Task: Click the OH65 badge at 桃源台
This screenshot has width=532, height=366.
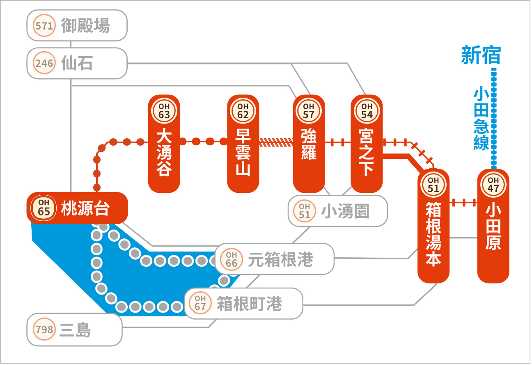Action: (x=44, y=207)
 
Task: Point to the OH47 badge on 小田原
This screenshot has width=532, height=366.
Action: (x=493, y=184)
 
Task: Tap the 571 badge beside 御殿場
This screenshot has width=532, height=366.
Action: (x=44, y=26)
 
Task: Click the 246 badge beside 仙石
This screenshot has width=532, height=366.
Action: (x=44, y=64)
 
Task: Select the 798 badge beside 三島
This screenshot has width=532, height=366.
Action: (x=44, y=329)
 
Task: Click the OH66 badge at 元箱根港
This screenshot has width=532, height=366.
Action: (x=232, y=259)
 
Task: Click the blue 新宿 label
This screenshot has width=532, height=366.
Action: (x=481, y=55)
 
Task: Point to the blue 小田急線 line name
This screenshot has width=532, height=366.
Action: (x=481, y=119)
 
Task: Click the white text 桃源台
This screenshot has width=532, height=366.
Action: (x=85, y=208)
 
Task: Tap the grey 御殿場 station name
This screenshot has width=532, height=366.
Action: (x=85, y=26)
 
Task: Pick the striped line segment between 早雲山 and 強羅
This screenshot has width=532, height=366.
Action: (x=276, y=142)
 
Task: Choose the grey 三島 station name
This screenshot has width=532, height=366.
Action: (x=75, y=330)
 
